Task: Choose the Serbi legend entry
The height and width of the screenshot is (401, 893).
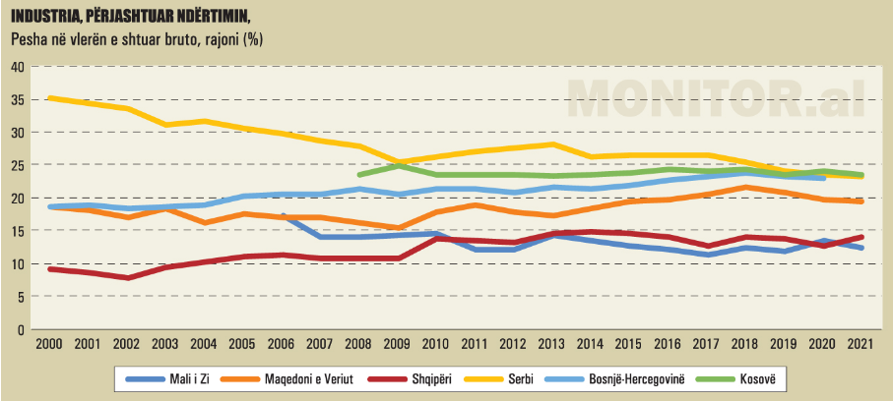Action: coord(520,377)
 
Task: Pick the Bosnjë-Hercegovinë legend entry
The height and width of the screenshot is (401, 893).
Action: coord(641,377)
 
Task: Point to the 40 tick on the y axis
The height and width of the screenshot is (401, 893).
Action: coord(17,67)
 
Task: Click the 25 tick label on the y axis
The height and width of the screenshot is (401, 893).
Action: coord(17,165)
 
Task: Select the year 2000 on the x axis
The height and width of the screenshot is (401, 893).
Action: coord(49,345)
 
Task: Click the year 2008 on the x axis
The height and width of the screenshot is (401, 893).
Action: coord(360,345)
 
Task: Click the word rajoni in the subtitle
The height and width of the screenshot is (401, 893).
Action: coord(219,39)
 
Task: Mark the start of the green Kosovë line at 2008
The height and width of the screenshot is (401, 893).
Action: coord(360,175)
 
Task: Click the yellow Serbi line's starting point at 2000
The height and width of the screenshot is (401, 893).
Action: coord(49,98)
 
